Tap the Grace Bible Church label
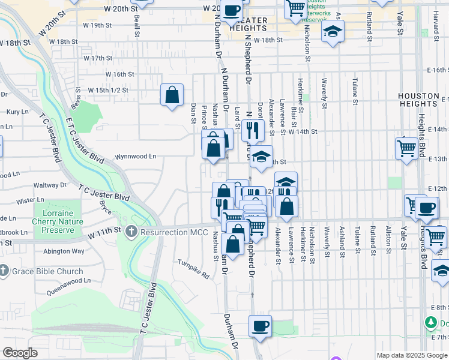pos(47,271)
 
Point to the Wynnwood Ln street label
pos(136,156)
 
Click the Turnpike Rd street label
pos(193,269)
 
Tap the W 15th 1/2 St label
pos(108,90)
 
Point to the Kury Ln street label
pos(17,112)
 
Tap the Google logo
pos(20,353)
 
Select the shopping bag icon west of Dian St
pos(172,95)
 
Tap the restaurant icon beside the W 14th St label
pos(253,129)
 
